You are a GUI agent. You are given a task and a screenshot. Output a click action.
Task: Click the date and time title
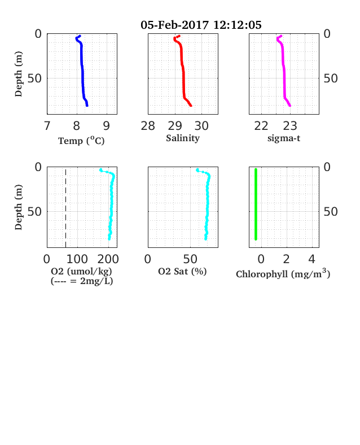201,25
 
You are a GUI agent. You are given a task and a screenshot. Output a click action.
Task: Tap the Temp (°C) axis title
81,141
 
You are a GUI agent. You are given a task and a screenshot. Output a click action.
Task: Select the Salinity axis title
183,138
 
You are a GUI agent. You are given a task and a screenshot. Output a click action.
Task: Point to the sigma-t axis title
284,138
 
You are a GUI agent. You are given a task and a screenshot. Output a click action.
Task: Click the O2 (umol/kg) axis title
81,271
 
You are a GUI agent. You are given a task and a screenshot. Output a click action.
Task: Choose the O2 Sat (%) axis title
182,271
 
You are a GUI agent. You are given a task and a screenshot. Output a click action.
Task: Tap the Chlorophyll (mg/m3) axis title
283,274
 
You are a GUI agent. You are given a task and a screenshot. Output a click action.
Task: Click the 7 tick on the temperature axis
47,126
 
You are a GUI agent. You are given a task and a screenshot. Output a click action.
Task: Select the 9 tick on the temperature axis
106,126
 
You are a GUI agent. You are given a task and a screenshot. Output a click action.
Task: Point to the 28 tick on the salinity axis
148,126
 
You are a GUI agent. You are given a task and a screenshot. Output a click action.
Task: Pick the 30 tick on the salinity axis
201,126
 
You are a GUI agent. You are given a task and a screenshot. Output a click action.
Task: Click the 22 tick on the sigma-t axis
261,126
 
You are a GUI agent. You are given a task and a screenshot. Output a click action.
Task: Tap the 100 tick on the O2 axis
77,259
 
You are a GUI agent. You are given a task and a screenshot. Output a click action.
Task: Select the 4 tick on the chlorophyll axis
312,259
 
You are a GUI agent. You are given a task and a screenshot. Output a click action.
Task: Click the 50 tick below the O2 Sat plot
190,259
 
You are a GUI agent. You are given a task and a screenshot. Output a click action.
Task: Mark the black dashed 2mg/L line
66,208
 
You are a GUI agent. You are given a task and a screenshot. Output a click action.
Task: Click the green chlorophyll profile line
256,204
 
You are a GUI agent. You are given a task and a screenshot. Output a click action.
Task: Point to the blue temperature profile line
82,71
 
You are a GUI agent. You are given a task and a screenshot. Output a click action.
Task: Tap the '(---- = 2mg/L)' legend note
82,281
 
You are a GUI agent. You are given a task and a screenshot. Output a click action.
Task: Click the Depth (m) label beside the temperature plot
19,74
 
